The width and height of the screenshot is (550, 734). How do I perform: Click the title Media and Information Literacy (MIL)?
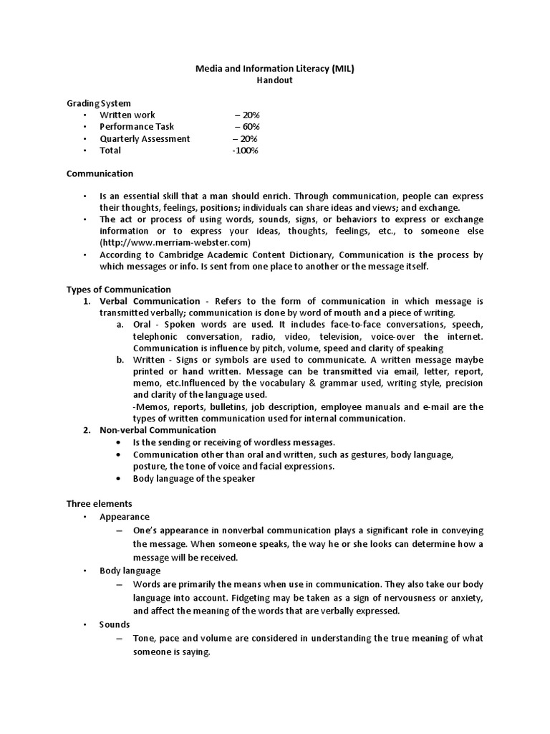(275, 69)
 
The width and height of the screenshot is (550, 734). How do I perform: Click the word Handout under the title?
(275, 80)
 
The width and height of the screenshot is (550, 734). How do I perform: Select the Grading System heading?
(99, 103)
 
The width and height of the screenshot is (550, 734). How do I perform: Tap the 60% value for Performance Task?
(247, 127)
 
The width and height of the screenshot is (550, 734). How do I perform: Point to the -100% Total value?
(245, 151)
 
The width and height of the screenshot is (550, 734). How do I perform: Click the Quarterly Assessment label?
(145, 138)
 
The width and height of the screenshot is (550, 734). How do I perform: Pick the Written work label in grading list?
(127, 115)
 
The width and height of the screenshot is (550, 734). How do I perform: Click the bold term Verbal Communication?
(150, 301)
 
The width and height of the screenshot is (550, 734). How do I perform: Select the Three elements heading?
(100, 504)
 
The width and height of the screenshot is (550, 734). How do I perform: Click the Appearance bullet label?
(125, 516)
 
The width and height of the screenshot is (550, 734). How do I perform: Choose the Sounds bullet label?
(115, 624)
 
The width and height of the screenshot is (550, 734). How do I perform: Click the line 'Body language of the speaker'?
(193, 479)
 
